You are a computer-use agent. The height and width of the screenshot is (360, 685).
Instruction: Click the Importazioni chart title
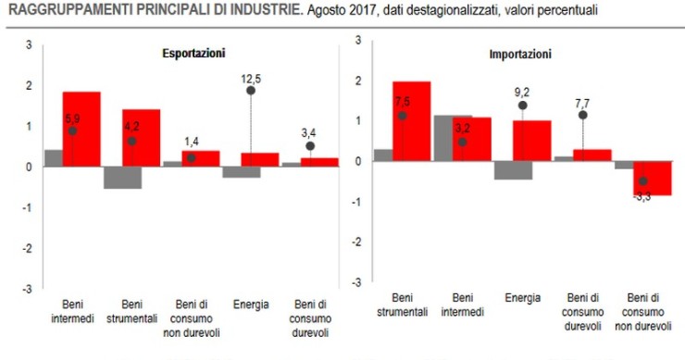point(520,55)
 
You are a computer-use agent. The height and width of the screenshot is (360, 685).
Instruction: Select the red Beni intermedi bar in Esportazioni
point(81,130)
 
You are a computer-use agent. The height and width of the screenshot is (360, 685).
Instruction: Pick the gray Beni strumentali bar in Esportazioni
point(122,177)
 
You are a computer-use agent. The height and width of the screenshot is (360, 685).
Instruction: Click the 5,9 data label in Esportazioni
point(73,118)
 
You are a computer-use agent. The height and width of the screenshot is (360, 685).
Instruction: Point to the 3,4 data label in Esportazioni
point(310,131)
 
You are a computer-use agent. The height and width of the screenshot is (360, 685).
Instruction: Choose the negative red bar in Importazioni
point(652,178)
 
